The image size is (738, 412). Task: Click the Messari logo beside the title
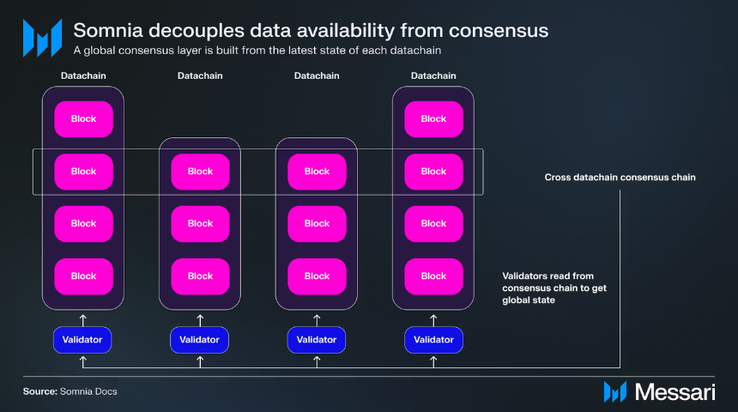pos(42,38)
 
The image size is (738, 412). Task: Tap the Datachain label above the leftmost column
pos(83,76)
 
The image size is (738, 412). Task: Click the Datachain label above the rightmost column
pos(433,76)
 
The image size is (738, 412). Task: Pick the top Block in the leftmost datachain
pos(84,119)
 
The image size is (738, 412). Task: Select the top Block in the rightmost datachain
pos(433,119)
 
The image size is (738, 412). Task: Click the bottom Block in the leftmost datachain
pos(84,276)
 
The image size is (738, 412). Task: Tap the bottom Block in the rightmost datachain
pos(433,276)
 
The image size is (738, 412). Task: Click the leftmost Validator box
pos(82,340)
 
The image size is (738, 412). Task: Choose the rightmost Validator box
pos(433,340)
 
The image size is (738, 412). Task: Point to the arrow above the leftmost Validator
pos(83,320)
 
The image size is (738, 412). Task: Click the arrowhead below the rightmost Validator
pos(433,360)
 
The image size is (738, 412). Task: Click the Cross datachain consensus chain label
pos(620,178)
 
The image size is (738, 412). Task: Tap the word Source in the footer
pos(40,391)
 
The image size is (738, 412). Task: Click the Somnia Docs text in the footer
pos(88,391)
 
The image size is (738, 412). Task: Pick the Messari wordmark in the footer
pos(675,391)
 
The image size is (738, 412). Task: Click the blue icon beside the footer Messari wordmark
pos(615,391)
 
